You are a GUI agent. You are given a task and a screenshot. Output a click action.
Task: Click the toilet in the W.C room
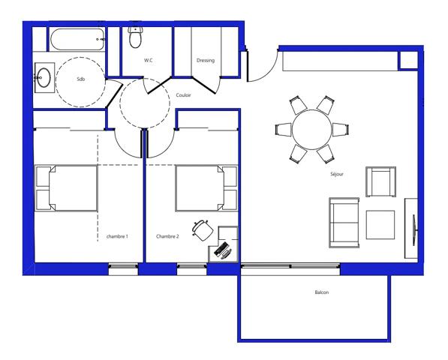[x=135, y=37]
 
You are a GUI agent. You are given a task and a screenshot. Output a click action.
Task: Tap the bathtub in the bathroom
[x=77, y=39]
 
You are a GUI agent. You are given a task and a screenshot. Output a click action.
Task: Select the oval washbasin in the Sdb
[x=44, y=78]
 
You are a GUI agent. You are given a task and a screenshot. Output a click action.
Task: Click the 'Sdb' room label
[x=81, y=79]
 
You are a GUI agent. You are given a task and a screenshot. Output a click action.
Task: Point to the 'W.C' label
[x=149, y=60]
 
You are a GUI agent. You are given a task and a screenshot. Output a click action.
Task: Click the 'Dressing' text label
[x=206, y=60]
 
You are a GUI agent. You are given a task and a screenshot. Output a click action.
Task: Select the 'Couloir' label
[x=183, y=95]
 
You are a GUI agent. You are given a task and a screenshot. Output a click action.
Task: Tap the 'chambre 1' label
[x=117, y=236]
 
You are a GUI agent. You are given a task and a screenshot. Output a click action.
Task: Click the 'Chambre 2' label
[x=167, y=236]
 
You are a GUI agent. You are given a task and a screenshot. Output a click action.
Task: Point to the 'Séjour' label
[x=337, y=174]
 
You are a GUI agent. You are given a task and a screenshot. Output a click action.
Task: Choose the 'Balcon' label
[x=322, y=292]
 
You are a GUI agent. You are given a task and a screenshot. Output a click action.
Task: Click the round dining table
[x=312, y=130]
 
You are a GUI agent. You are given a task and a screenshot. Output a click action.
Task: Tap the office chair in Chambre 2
[x=203, y=229]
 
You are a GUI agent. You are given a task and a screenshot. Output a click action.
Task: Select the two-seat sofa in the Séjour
[x=344, y=223]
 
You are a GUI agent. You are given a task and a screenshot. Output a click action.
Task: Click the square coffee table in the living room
[x=380, y=225]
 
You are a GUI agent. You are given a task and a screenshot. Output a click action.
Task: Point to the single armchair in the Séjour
[x=381, y=181]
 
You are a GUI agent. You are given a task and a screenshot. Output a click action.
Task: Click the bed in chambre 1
[x=66, y=188]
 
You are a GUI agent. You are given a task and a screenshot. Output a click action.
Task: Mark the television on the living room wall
[x=414, y=229]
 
